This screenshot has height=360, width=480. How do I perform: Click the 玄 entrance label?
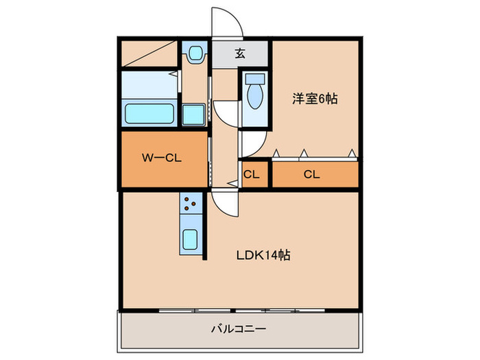(x=240, y=54)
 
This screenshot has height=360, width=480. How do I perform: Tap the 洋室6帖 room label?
(x=315, y=99)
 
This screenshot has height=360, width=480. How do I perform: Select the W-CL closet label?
(x=161, y=158)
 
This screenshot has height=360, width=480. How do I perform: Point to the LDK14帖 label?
(x=263, y=256)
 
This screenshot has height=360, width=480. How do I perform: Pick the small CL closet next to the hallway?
(x=252, y=174)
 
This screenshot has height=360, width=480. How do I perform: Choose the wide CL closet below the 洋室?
(x=312, y=174)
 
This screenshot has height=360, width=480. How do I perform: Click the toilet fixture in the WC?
(x=254, y=92)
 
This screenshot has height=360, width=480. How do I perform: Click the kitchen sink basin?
(x=191, y=240)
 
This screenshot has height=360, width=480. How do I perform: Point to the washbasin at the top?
(x=195, y=52)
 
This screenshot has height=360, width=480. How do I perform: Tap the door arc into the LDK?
(x=224, y=203)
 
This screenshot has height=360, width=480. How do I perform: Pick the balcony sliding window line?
(x=240, y=310)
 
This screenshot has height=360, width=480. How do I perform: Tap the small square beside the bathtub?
(x=193, y=114)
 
